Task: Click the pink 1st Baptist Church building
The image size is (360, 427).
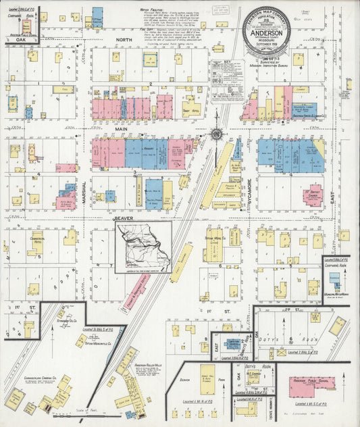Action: point(313,195)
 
